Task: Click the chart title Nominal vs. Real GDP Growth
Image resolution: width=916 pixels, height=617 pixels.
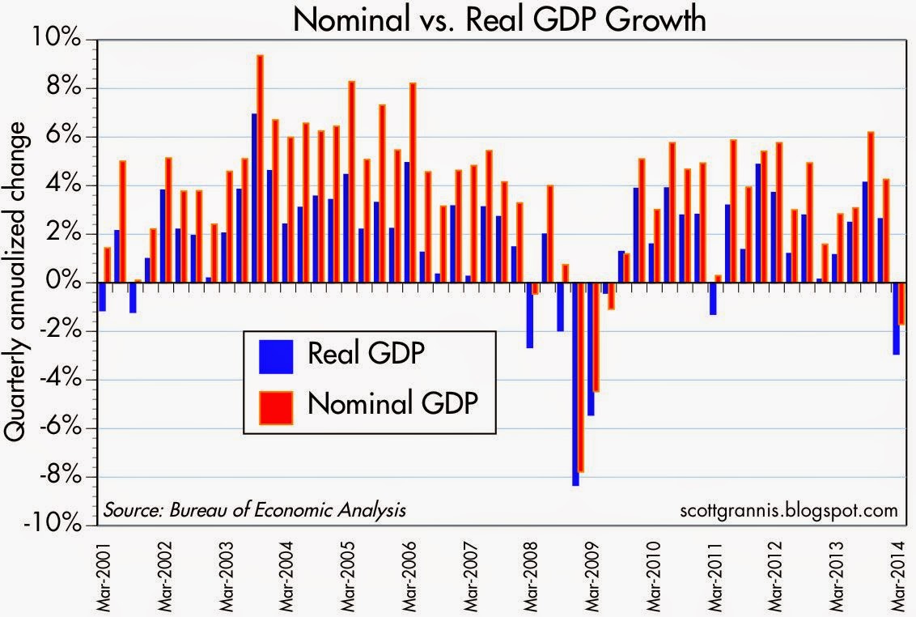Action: point(499,19)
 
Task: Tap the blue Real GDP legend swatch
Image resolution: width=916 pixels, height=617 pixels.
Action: point(275,355)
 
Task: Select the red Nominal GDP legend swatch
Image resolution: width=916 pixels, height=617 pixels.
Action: point(275,402)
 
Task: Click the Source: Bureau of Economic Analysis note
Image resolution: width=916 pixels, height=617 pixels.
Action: point(254,510)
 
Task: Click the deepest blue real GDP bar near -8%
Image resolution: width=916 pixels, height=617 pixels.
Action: point(575,384)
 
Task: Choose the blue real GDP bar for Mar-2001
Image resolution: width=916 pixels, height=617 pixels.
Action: point(102,296)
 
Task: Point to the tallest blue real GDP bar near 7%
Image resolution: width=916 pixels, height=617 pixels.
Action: point(254,198)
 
